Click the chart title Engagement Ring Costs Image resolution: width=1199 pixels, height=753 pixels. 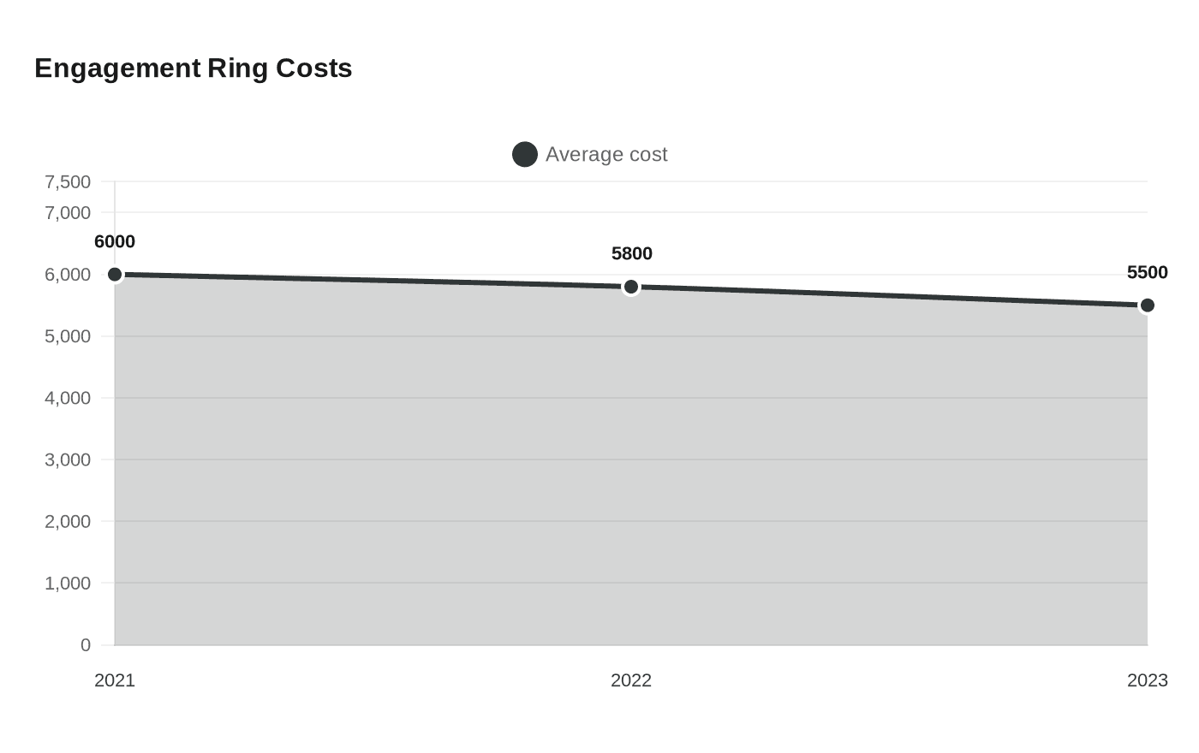pos(193,68)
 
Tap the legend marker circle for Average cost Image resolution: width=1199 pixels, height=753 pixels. pos(524,154)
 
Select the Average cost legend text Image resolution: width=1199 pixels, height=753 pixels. pos(606,154)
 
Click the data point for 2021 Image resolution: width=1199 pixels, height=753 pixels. pos(115,275)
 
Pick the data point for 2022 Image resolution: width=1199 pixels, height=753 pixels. pos(631,287)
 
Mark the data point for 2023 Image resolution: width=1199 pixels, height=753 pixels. pos(1148,305)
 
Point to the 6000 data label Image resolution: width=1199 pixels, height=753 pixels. pos(115,242)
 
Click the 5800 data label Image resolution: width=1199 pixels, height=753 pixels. pos(632,254)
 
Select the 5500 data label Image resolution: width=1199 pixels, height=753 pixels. pos(1147,273)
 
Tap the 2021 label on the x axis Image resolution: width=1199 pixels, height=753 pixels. pos(115,680)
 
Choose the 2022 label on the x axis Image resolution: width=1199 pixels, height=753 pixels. pos(631,680)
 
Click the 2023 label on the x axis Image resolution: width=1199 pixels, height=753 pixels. pos(1147,680)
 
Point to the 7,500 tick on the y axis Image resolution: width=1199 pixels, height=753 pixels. pos(68,181)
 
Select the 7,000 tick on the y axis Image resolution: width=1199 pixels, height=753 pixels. pos(68,212)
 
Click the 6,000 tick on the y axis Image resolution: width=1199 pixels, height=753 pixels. pos(68,275)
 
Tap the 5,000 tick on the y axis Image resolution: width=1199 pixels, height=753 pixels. pos(68,336)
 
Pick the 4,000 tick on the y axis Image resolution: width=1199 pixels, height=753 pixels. pos(68,398)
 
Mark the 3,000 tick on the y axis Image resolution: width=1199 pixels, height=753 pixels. pos(68,460)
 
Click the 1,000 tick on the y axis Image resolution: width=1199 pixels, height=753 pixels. pos(68,583)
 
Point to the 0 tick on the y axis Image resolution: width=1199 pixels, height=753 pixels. pos(86,645)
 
